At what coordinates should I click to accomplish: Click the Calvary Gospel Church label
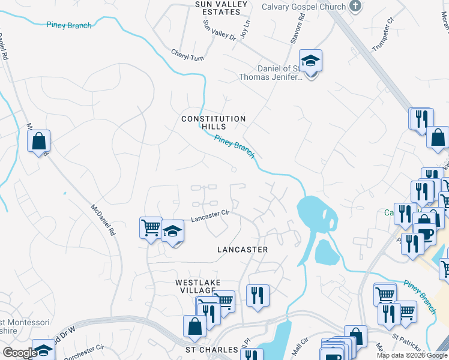click(x=304, y=7)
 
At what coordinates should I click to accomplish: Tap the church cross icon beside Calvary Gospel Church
click(x=355, y=7)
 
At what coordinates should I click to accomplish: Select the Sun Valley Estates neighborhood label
click(x=217, y=8)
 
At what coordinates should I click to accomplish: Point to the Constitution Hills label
click(x=214, y=122)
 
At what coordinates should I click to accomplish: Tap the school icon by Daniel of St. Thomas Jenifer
click(x=311, y=61)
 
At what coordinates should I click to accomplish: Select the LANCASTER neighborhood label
click(x=243, y=249)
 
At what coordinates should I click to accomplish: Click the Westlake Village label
click(x=198, y=286)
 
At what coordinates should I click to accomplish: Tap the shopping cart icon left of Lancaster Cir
click(x=151, y=227)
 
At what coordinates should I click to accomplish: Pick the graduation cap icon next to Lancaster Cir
click(x=172, y=231)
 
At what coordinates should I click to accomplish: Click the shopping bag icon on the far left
click(x=39, y=142)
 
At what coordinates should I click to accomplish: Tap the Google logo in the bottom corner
click(x=19, y=353)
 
